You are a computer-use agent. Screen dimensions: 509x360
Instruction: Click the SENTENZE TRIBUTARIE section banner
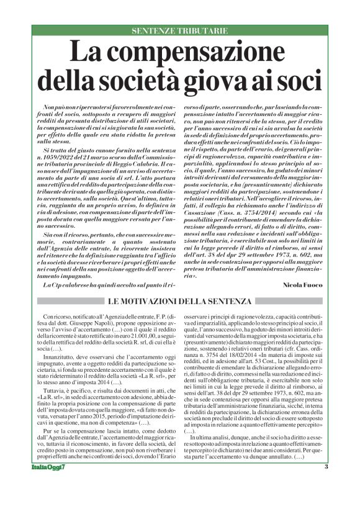(x=180, y=30)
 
